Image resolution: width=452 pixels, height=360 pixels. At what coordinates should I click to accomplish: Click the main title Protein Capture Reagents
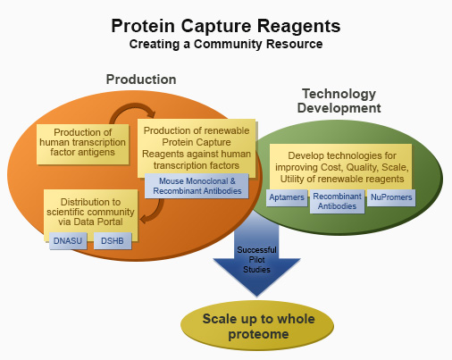tap(226, 26)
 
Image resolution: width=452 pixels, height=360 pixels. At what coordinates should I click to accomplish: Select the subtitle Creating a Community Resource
tap(226, 44)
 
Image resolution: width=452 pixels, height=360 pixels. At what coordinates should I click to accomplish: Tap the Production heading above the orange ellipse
tap(141, 80)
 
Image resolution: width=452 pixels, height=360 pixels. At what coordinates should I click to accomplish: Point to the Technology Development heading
tap(339, 101)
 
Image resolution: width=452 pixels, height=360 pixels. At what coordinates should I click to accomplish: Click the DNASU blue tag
tap(68, 240)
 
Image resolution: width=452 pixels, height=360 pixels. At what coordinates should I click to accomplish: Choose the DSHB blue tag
tap(113, 240)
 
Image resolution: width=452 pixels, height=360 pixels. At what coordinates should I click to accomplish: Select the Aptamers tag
tap(287, 197)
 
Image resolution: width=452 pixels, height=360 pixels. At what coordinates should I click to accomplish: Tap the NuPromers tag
tap(391, 197)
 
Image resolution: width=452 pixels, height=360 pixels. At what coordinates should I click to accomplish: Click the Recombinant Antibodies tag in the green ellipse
tap(337, 201)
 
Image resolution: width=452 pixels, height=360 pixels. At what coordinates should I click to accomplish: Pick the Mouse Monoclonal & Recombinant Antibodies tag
tap(197, 186)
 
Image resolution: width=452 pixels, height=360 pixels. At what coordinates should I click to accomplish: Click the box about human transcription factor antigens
tap(82, 144)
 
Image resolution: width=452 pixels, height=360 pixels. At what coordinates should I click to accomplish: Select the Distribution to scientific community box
tap(90, 212)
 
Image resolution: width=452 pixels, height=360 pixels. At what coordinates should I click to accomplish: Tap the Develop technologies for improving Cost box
tap(341, 167)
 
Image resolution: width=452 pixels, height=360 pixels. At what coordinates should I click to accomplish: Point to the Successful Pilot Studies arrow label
tap(256, 260)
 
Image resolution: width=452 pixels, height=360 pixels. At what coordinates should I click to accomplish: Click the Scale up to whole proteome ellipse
tap(257, 326)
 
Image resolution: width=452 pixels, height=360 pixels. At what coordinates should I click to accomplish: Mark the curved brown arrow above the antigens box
tap(132, 106)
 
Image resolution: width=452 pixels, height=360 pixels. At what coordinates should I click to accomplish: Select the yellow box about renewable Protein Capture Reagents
tap(197, 148)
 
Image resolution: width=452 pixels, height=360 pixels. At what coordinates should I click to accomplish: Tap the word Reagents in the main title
tap(298, 27)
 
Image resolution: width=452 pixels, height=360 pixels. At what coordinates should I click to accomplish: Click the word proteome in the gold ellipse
tap(258, 334)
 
